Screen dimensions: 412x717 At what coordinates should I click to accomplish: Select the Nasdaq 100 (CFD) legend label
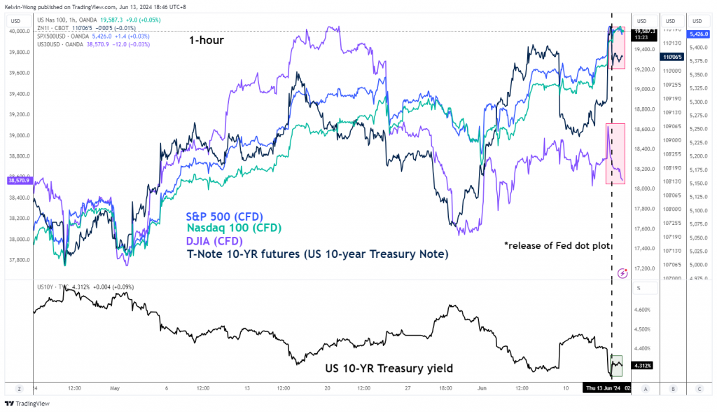click(x=233, y=228)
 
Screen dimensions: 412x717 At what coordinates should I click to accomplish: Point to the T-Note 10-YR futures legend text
click(x=316, y=254)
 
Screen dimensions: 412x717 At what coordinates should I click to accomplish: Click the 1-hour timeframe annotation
click(x=206, y=41)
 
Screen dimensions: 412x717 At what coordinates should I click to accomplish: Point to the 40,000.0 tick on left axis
click(x=18, y=32)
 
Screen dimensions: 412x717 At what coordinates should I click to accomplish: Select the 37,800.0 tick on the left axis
click(x=18, y=260)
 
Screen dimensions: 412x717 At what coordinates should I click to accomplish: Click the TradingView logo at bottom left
click(x=24, y=404)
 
